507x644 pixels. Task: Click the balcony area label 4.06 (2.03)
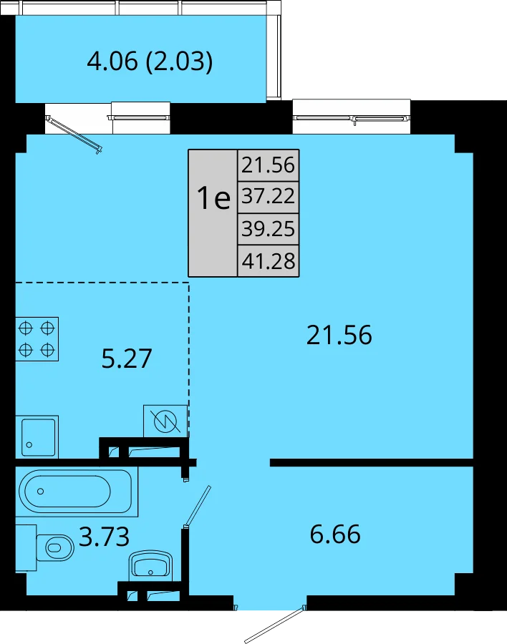[150, 62]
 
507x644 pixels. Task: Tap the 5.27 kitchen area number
[127, 358]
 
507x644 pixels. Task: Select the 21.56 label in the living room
[339, 335]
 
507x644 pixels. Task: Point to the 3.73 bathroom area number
[104, 537]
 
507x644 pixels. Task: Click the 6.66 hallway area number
[335, 534]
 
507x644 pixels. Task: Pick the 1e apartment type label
[213, 197]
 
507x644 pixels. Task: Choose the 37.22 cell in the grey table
[268, 196]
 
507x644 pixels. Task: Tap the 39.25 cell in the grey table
[268, 228]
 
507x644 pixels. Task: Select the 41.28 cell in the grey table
[268, 260]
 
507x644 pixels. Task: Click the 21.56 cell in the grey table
[268, 165]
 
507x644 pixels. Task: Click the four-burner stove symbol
[37, 339]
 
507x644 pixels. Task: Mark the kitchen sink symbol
[37, 437]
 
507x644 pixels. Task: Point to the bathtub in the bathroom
[77, 492]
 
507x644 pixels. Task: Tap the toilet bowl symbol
[56, 547]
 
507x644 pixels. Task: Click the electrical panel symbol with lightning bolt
[165, 421]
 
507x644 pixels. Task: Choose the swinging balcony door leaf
[74, 135]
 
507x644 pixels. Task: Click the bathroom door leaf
[197, 507]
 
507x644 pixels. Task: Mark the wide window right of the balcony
[352, 118]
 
